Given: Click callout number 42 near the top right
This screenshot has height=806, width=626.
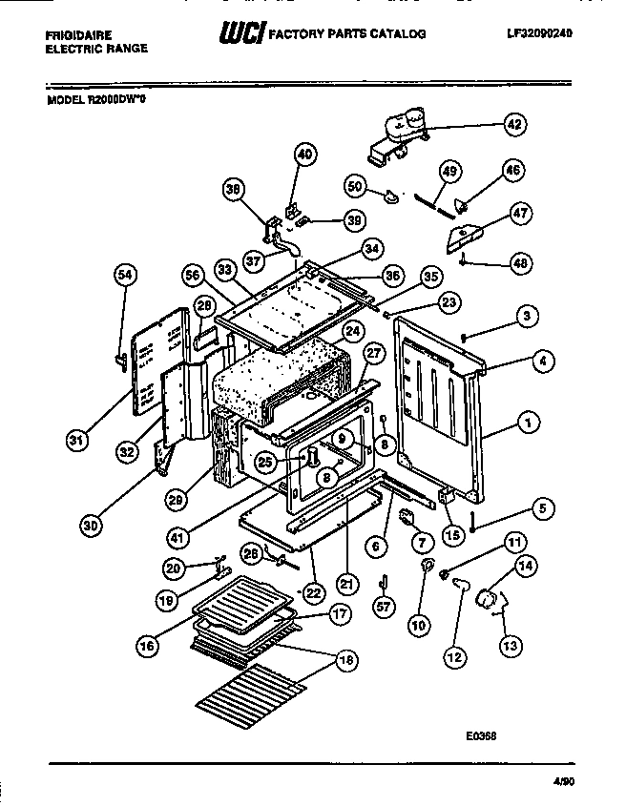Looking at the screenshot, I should [x=514, y=124].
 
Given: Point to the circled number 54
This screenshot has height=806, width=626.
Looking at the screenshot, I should [x=124, y=276].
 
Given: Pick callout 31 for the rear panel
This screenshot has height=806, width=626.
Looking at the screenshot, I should [x=76, y=441].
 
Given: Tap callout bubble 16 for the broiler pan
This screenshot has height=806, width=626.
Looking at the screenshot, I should [x=145, y=646].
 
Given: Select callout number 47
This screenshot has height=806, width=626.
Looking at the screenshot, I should [x=520, y=213].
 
